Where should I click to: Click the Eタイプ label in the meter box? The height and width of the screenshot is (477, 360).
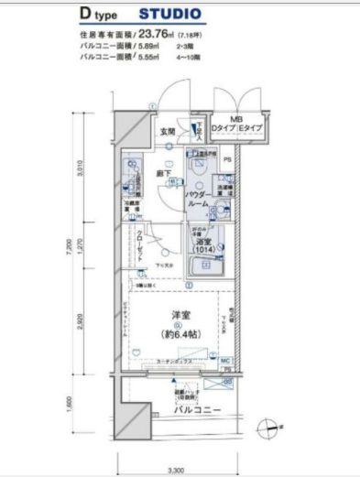(250, 130)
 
